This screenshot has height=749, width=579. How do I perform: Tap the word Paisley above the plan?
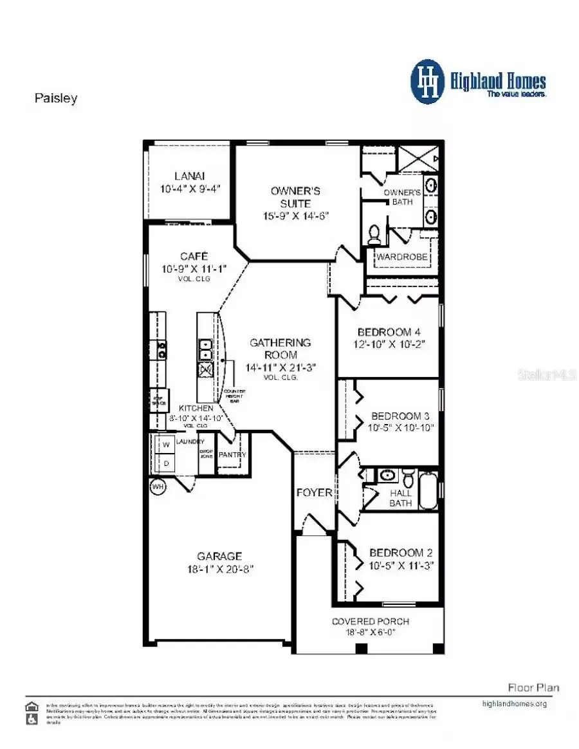coord(55,98)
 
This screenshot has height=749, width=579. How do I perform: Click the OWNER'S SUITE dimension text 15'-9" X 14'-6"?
coord(295,216)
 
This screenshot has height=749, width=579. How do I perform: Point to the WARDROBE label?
coord(403,257)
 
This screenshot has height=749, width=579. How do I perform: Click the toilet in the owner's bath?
coord(374,236)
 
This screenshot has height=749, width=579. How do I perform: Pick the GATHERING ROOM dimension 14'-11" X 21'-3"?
coord(280,367)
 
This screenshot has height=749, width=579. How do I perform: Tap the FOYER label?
coord(314,493)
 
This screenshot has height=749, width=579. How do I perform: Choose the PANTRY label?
coord(232,455)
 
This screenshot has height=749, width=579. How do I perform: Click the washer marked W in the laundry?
coord(165,445)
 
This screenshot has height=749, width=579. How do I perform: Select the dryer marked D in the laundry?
coord(165,463)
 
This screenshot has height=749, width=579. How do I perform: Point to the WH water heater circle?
coord(158,487)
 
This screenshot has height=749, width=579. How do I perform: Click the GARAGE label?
coord(219,556)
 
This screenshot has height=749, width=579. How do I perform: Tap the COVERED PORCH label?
coord(370,622)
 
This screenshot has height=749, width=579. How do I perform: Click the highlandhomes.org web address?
coord(514,703)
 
